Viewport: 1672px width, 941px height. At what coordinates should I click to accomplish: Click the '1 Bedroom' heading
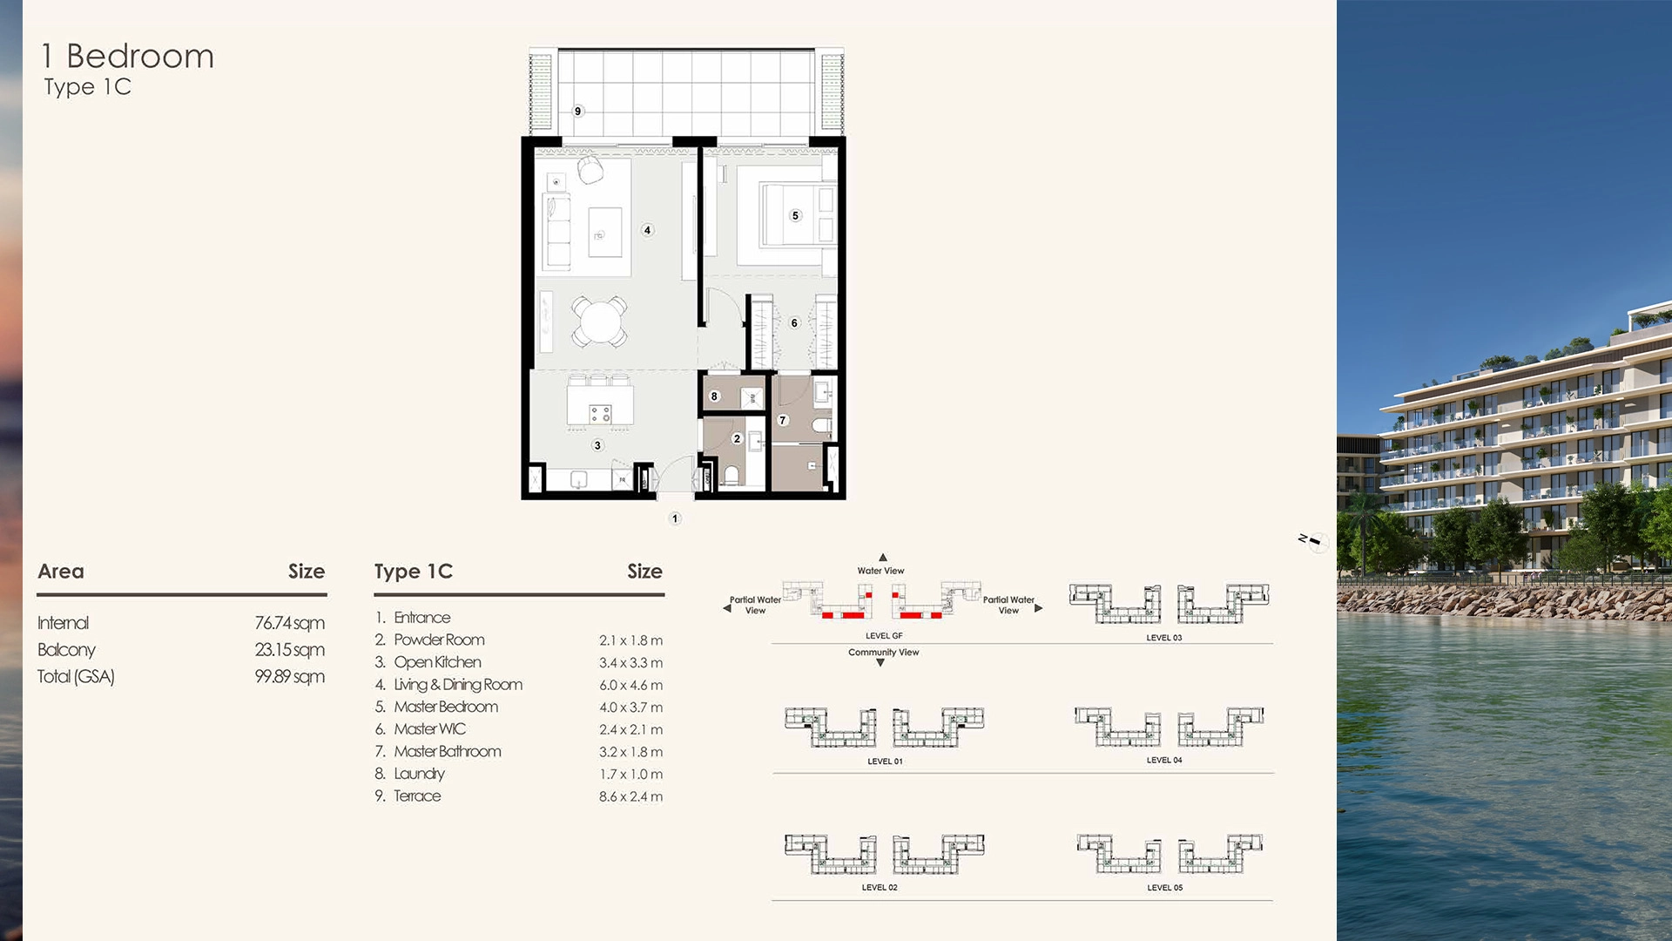128,57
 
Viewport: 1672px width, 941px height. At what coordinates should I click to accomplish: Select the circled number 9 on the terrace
577,112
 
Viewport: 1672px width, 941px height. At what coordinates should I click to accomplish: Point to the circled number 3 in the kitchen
597,445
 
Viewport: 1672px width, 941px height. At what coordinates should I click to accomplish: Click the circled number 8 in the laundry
714,396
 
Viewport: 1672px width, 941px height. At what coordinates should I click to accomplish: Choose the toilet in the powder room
731,476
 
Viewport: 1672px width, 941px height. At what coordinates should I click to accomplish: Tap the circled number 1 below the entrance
675,518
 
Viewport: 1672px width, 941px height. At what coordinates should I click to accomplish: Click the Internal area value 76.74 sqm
289,623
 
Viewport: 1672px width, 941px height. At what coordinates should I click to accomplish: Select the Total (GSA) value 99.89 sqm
289,677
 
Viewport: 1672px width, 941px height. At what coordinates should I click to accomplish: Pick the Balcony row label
66,650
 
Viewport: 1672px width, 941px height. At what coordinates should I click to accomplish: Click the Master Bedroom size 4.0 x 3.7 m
630,707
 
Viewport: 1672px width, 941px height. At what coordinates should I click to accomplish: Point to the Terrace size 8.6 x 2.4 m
630,796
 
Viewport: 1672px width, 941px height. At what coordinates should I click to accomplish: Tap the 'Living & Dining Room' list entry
458,685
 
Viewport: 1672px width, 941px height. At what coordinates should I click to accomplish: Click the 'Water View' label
880,571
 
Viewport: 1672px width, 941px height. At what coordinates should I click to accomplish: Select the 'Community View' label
883,652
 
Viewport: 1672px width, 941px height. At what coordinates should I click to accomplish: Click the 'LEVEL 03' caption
1163,638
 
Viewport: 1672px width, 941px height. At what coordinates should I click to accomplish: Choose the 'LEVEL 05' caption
1164,888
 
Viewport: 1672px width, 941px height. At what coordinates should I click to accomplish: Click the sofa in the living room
556,231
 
